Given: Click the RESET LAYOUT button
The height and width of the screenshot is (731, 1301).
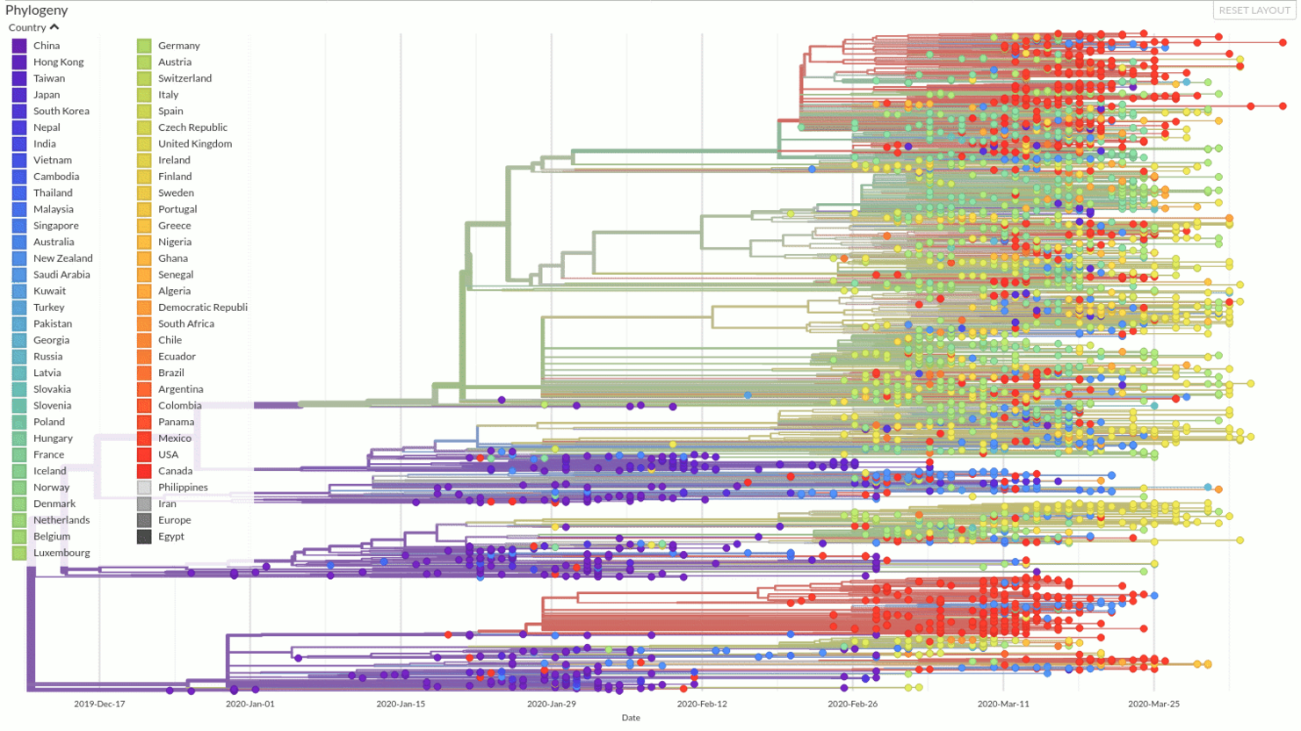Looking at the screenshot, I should pos(1254,11).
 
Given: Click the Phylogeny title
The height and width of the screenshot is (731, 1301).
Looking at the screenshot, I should pos(37,11).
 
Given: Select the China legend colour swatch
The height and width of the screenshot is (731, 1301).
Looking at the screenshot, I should pos(19,46).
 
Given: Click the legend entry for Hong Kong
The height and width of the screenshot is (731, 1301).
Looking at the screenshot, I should pos(58,62).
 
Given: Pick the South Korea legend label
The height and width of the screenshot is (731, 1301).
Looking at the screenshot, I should pos(61,112).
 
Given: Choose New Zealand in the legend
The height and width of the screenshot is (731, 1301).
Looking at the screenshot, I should pos(62,258).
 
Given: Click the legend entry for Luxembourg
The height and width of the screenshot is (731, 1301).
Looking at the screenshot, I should pos(61,553).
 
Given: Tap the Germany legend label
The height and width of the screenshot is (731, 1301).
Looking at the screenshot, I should pos(178,46).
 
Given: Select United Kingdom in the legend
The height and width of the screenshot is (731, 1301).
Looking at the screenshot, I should pos(194,144).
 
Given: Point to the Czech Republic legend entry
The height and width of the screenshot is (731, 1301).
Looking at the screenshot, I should pos(192,127).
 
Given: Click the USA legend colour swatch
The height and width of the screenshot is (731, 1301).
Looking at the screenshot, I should pos(144,455).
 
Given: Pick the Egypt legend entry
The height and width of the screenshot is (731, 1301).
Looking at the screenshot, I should pos(170,537).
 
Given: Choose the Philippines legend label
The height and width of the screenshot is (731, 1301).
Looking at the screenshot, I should pos(183,488).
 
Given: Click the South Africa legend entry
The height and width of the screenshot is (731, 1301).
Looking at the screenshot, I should pos(185,324).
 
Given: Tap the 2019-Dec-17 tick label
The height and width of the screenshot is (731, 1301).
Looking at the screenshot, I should pos(99,704).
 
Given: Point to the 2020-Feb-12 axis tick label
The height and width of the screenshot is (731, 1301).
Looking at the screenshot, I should pos(702,704).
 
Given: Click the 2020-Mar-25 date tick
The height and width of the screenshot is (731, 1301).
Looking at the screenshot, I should pos(1153,704).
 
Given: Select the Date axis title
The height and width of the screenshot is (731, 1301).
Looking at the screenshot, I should pos(631,718).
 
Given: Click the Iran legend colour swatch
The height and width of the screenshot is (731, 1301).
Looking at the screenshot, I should pos(144,504).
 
